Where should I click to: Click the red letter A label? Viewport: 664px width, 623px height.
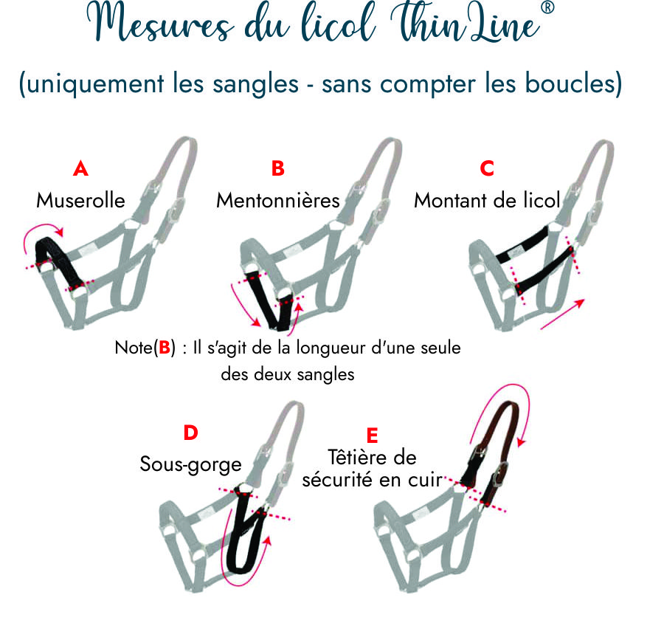80,169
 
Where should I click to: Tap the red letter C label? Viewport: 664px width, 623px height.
487,169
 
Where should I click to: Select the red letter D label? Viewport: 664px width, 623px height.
190,433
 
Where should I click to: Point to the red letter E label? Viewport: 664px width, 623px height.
372,434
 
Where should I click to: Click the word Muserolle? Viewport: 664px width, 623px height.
80,201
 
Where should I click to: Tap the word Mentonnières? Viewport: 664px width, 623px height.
277,201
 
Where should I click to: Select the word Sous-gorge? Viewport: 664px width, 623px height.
190,465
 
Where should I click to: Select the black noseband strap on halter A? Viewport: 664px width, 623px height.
59,261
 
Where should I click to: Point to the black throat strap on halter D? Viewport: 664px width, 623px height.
242,539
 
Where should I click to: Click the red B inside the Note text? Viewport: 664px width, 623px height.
164,348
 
